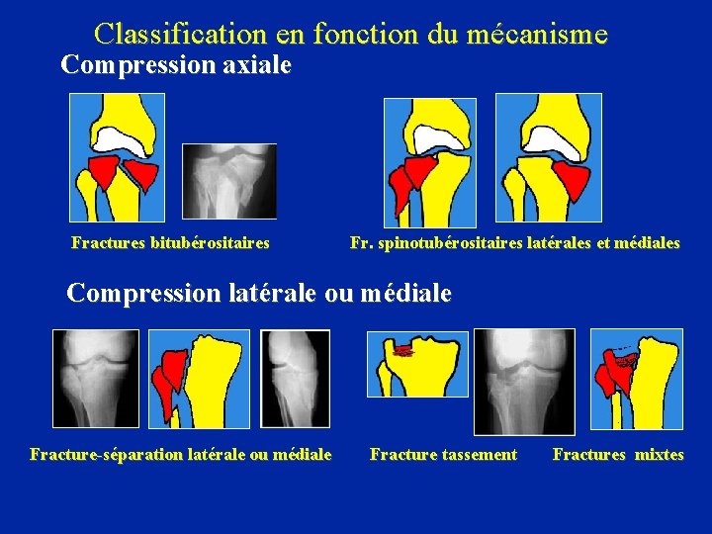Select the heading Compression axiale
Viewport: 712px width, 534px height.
pos(176,65)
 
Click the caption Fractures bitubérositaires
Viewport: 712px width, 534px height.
pos(170,242)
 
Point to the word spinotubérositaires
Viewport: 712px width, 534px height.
pos(463,242)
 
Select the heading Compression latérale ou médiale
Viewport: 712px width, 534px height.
pos(258,294)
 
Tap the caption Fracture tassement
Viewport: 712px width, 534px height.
pos(443,455)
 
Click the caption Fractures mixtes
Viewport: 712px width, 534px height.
pos(618,455)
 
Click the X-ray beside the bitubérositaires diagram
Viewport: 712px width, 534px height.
pos(230,181)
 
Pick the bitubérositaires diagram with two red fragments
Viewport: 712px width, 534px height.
pos(117,157)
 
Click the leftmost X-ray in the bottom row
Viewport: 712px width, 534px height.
pos(96,379)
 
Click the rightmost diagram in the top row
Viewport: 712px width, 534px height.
pos(548,157)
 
